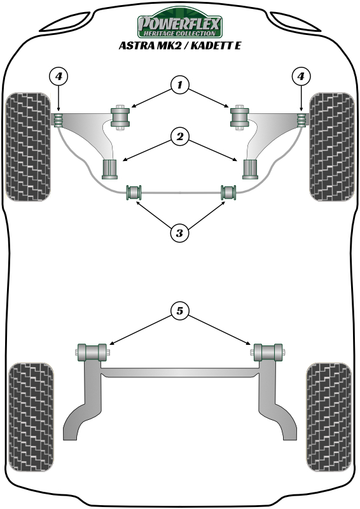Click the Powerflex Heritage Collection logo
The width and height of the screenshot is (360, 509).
(x=180, y=23)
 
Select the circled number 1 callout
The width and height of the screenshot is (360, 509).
(x=179, y=85)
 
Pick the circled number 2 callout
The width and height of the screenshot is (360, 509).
(x=179, y=136)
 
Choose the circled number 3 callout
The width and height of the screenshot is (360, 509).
(x=179, y=233)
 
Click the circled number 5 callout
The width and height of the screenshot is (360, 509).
(x=179, y=311)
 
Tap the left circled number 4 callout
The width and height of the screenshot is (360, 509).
(x=59, y=76)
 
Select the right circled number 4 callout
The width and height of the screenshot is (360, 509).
(x=301, y=76)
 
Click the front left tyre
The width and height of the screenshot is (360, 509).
(x=28, y=147)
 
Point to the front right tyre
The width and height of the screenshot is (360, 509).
(x=331, y=147)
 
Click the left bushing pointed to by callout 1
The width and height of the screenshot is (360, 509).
(x=120, y=118)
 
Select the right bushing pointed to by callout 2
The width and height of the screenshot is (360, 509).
(x=251, y=169)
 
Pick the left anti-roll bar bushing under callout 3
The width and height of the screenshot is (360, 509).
(x=134, y=193)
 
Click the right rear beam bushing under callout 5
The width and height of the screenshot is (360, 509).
(x=268, y=352)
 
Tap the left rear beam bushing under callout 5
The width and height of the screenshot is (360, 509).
(x=92, y=352)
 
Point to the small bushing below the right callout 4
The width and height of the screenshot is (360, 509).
(x=301, y=120)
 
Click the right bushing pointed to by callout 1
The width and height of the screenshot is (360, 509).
(x=240, y=118)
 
